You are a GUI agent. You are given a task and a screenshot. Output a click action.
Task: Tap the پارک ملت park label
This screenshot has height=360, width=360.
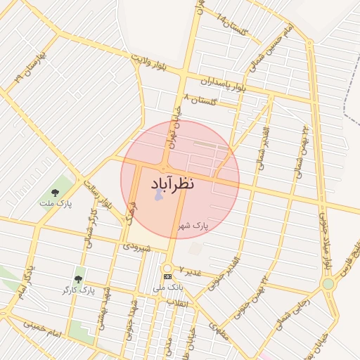pos(56,204)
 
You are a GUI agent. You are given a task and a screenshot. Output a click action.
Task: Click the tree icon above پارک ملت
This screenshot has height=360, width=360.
pos(55,192)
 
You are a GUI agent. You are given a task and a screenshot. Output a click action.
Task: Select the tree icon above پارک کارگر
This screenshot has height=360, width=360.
pos(78,278)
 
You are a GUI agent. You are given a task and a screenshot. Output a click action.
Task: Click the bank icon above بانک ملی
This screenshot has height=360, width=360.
pos(167,277)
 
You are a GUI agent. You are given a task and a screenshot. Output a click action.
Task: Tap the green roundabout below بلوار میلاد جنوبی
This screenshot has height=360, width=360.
pos(328,283)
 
